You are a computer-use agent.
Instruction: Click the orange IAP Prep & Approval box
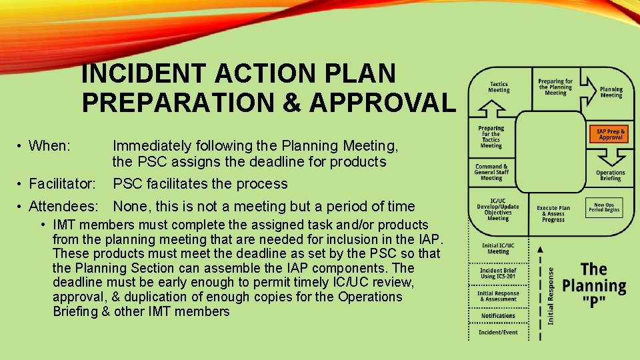pos(610,135)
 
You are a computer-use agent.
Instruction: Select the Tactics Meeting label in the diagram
pos(499,87)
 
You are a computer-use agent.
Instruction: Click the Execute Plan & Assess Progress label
pos(553,213)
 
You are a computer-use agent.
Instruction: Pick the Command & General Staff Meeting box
pos(491,172)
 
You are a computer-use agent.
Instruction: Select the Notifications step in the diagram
pos(498,316)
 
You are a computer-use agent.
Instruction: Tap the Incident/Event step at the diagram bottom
pos(498,332)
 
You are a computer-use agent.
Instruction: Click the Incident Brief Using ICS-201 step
pos(498,273)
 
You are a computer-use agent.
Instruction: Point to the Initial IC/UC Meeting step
pos(498,249)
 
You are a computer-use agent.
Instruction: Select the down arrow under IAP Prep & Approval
pos(610,156)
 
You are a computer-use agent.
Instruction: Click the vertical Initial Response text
pos(551,296)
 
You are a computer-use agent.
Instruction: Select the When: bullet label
pos(51,145)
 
